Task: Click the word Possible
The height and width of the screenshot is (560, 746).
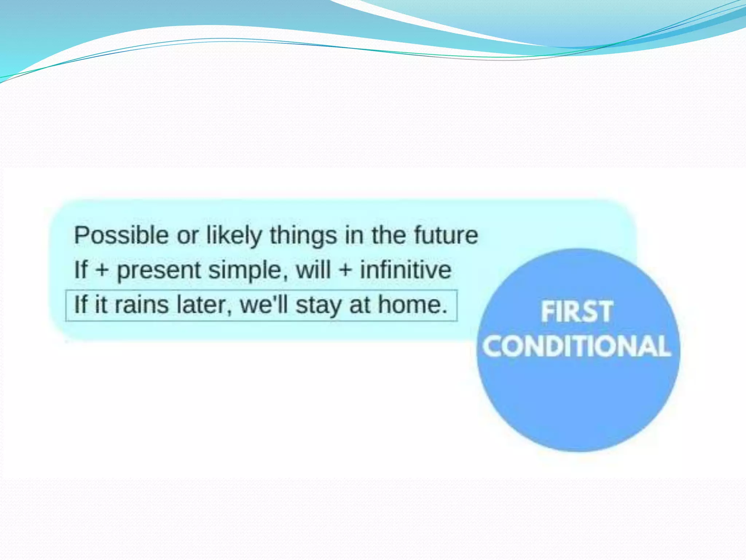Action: tap(121, 235)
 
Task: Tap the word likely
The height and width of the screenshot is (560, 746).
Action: tap(234, 236)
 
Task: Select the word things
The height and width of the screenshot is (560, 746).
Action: tap(303, 236)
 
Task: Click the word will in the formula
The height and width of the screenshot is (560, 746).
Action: tap(313, 270)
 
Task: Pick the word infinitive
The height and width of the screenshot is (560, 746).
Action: tap(405, 270)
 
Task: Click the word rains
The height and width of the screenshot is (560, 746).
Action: tap(141, 305)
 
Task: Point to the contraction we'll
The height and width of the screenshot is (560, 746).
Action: tap(264, 305)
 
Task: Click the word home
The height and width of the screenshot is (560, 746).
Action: tap(412, 305)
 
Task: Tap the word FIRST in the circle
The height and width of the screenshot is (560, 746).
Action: tap(577, 312)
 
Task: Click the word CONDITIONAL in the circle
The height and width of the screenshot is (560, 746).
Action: tap(577, 346)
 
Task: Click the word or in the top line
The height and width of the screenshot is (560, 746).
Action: tap(187, 236)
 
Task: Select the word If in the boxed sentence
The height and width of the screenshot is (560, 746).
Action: tap(81, 305)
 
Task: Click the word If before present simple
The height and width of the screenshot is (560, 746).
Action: tap(81, 270)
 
